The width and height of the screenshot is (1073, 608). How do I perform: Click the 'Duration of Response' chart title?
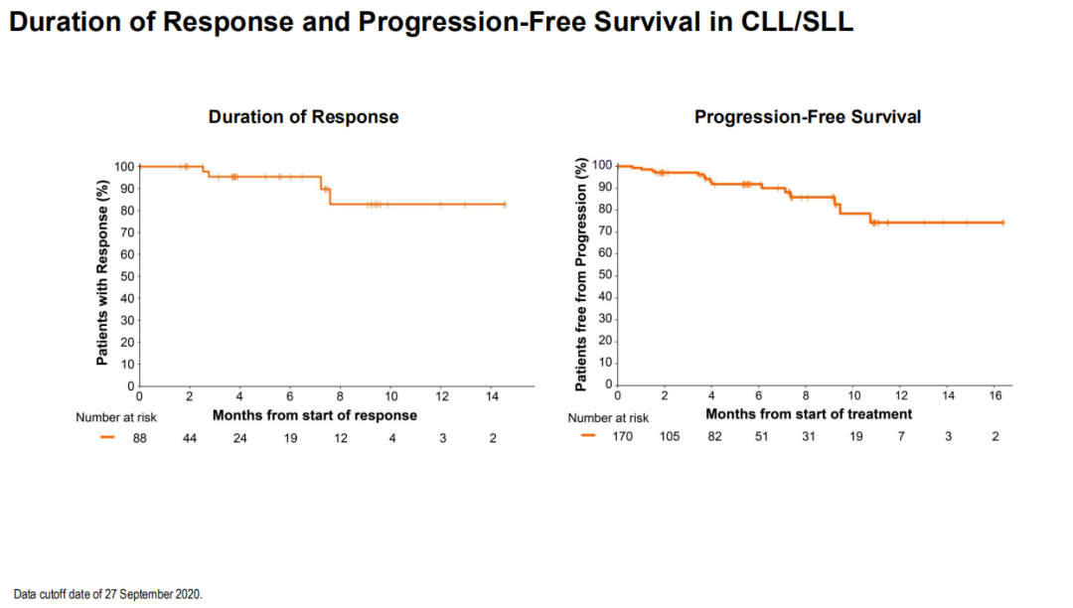pyautogui.click(x=303, y=117)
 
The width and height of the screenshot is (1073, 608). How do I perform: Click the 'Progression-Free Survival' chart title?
pyautogui.click(x=807, y=117)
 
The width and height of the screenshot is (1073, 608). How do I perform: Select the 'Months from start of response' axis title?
pyautogui.click(x=315, y=414)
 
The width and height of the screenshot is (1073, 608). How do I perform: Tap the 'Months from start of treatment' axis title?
pyautogui.click(x=809, y=413)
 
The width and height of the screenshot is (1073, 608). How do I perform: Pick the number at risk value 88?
pyautogui.click(x=140, y=438)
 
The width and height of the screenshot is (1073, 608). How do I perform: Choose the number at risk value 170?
pyautogui.click(x=622, y=437)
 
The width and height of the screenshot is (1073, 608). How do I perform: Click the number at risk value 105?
pyautogui.click(x=670, y=437)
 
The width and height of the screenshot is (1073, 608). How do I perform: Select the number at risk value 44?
pyautogui.click(x=190, y=438)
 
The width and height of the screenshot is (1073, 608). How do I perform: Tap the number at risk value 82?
pyautogui.click(x=715, y=437)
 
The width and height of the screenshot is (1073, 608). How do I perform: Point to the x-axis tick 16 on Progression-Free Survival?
pyautogui.click(x=996, y=397)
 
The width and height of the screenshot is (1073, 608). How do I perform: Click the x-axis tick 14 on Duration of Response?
pyautogui.click(x=492, y=398)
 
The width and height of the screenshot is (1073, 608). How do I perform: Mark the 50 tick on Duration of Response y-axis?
pyautogui.click(x=126, y=276)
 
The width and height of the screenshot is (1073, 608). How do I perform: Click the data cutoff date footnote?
pyautogui.click(x=107, y=594)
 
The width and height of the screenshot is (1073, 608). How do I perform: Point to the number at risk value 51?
pyautogui.click(x=761, y=437)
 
